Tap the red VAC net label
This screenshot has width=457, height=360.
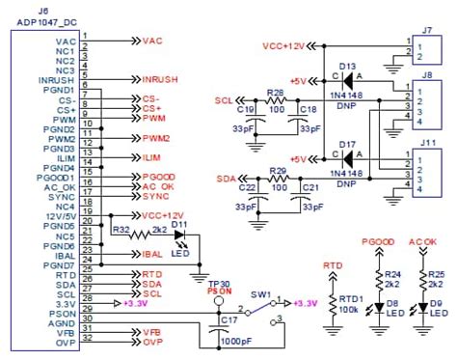coord(153,42)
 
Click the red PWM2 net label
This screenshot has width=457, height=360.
coord(157,139)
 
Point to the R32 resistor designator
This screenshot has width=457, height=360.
coord(121,231)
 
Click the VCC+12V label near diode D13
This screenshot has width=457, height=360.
coord(284,46)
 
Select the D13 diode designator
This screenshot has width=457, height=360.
coord(347,65)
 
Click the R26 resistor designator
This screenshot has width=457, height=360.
coord(276,92)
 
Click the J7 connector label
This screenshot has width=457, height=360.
coord(426,30)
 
